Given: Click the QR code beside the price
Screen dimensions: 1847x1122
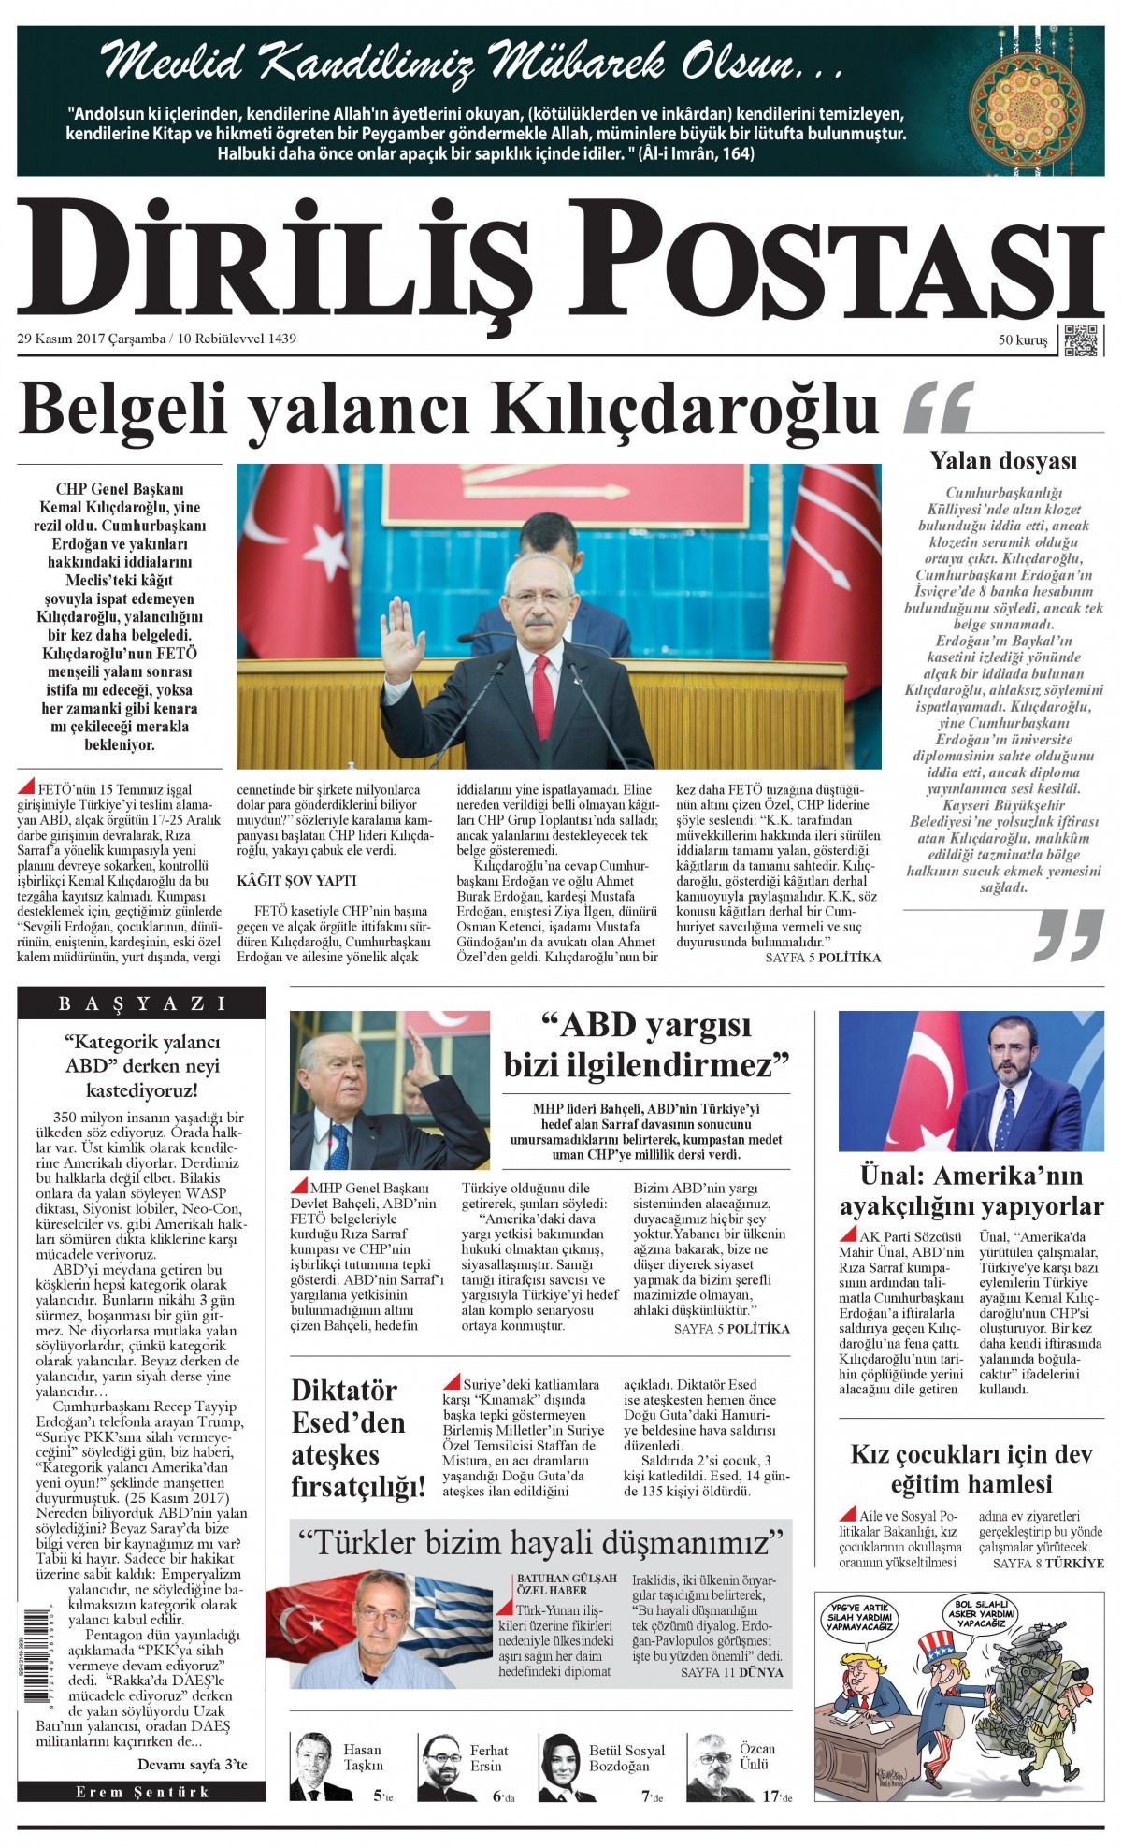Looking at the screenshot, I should point(1082,339).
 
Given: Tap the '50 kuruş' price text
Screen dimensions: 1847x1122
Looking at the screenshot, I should point(1022,340).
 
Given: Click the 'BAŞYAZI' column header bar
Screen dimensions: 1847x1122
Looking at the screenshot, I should point(142,1003).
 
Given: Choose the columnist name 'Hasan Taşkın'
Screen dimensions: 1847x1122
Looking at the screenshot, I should point(363,1757).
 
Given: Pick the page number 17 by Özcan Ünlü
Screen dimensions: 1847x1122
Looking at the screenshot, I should point(770,1795).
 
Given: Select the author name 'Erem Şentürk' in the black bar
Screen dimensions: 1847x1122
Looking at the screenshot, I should point(142,1792).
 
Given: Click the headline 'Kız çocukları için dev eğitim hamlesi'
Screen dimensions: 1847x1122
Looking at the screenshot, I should point(971,1468).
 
